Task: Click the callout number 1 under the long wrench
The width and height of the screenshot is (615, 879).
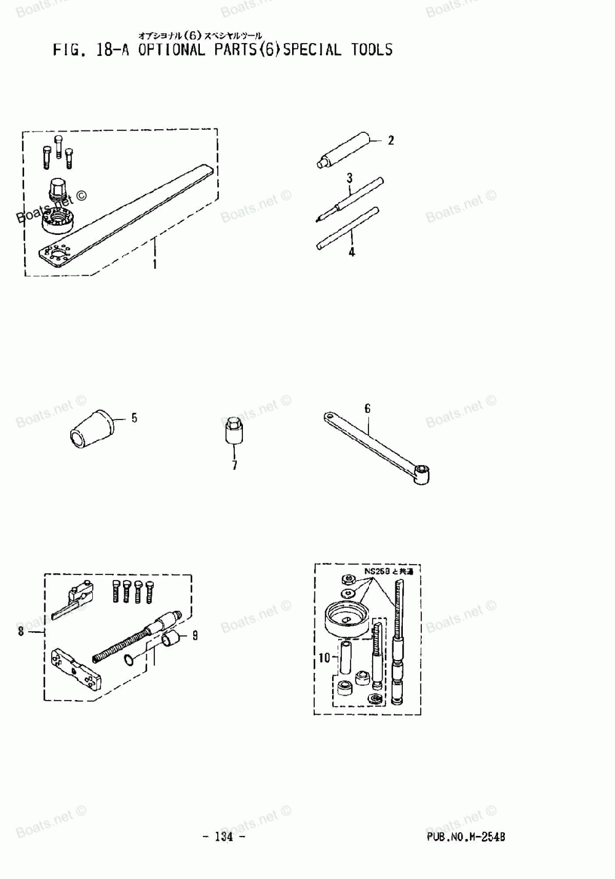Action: (154, 265)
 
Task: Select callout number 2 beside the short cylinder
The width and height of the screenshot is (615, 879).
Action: (391, 140)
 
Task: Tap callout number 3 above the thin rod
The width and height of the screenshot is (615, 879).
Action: (349, 178)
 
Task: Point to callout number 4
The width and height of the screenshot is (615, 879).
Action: (351, 252)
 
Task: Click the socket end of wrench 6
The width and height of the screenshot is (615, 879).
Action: (422, 473)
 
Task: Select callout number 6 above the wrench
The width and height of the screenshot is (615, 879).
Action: (367, 408)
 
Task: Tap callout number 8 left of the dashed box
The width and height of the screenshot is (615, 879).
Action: (21, 631)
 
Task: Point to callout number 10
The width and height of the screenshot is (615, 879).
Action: (324, 658)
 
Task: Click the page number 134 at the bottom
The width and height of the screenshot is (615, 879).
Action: (224, 837)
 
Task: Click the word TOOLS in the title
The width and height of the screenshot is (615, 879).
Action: (371, 50)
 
